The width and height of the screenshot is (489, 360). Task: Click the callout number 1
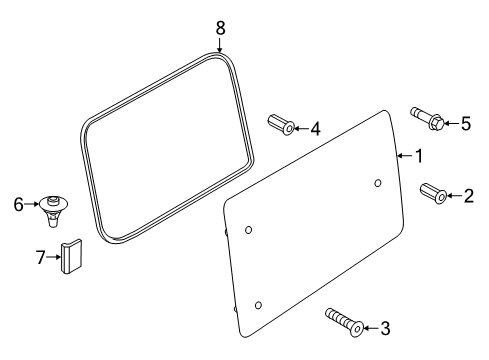coord(419,156)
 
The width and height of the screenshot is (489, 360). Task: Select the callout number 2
coord(468,196)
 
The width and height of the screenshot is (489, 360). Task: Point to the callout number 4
coord(314,128)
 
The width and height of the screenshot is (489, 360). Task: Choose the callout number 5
coord(465,124)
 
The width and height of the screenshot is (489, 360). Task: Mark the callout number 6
coord(18,204)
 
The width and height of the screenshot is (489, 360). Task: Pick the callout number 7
coord(41,258)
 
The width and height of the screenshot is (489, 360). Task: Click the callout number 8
coord(221,28)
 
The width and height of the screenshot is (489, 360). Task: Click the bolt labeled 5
coord(425,118)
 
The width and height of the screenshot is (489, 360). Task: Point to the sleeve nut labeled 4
coord(281,126)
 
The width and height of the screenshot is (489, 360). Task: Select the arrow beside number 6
coord(30,204)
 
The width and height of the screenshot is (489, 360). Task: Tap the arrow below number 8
coord(221,44)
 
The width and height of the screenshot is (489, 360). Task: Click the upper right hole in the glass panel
coord(378,183)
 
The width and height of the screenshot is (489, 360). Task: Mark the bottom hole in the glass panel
coord(259,303)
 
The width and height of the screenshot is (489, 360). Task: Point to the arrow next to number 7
coord(54,258)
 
